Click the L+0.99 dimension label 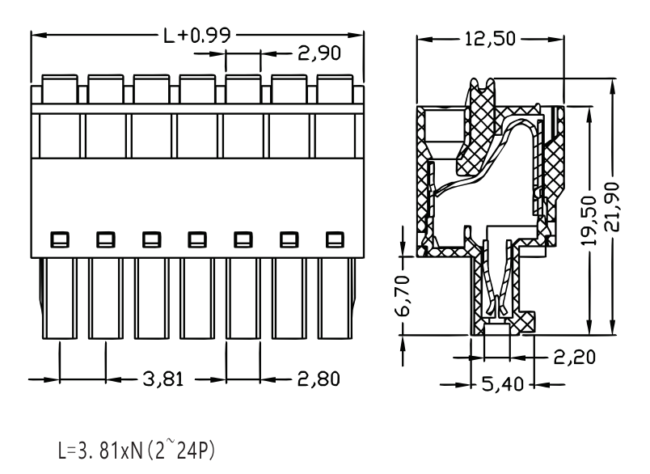click(197, 36)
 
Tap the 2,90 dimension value click(319, 53)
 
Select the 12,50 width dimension click(490, 39)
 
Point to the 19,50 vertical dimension click(589, 220)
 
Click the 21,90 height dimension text click(612, 206)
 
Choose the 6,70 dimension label click(403, 295)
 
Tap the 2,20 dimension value click(575, 357)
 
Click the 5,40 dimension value click(503, 384)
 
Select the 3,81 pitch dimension click(163, 379)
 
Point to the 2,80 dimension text click(319, 379)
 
